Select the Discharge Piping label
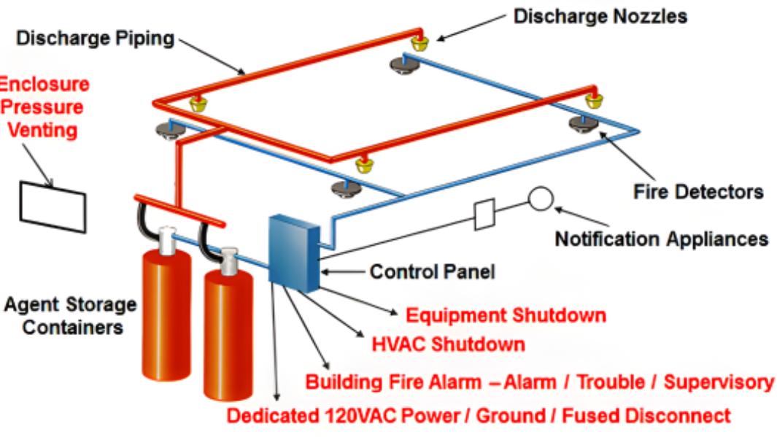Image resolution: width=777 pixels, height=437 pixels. (90, 39)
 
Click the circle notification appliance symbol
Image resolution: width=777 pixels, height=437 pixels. (541, 198)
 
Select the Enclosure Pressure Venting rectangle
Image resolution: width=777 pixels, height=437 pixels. (52, 198)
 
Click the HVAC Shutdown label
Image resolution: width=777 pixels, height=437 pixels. (443, 343)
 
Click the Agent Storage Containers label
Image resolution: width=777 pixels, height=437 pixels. (67, 314)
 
